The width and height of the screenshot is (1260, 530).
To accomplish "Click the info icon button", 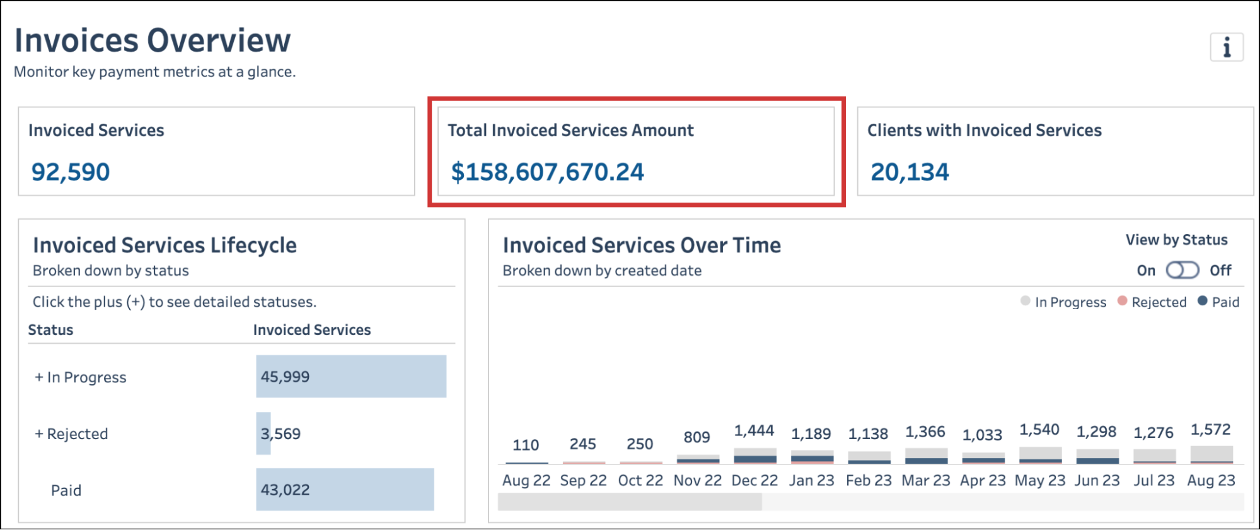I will pos(1226,47).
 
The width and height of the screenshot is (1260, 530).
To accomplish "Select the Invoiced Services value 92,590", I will pos(71,172).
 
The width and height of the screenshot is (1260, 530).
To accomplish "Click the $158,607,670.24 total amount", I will pos(547,172).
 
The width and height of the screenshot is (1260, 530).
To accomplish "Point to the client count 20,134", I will pos(909,172).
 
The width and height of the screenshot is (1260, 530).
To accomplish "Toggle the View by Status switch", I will pos(1182,271).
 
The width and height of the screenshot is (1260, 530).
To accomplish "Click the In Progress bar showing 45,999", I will pos(350,377).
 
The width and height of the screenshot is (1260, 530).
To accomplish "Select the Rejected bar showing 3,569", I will pos(263,433).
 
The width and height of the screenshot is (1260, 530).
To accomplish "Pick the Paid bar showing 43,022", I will pos(345,490).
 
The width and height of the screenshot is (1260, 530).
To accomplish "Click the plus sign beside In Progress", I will pos(39,377).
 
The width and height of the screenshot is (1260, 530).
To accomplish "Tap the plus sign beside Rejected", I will pos(39,434).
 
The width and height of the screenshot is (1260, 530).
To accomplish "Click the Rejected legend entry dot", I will pos(1122,301).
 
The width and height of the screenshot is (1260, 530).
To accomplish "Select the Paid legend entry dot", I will pos(1202,301).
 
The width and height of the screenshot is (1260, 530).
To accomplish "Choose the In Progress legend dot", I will pos(1026,301).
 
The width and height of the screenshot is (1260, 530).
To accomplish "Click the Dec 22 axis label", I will pos(754,481).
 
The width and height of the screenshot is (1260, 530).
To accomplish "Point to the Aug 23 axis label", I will pos(1211,481).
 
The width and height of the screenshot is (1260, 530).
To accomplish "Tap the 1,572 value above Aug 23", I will pos(1210,430).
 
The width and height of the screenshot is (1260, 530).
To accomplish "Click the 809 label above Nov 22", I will pos(696,437).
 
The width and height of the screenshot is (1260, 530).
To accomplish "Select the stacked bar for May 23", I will pos(1040,455).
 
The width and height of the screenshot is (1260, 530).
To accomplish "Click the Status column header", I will pos(50,330).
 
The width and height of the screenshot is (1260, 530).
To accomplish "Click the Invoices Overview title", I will pos(153,40).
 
